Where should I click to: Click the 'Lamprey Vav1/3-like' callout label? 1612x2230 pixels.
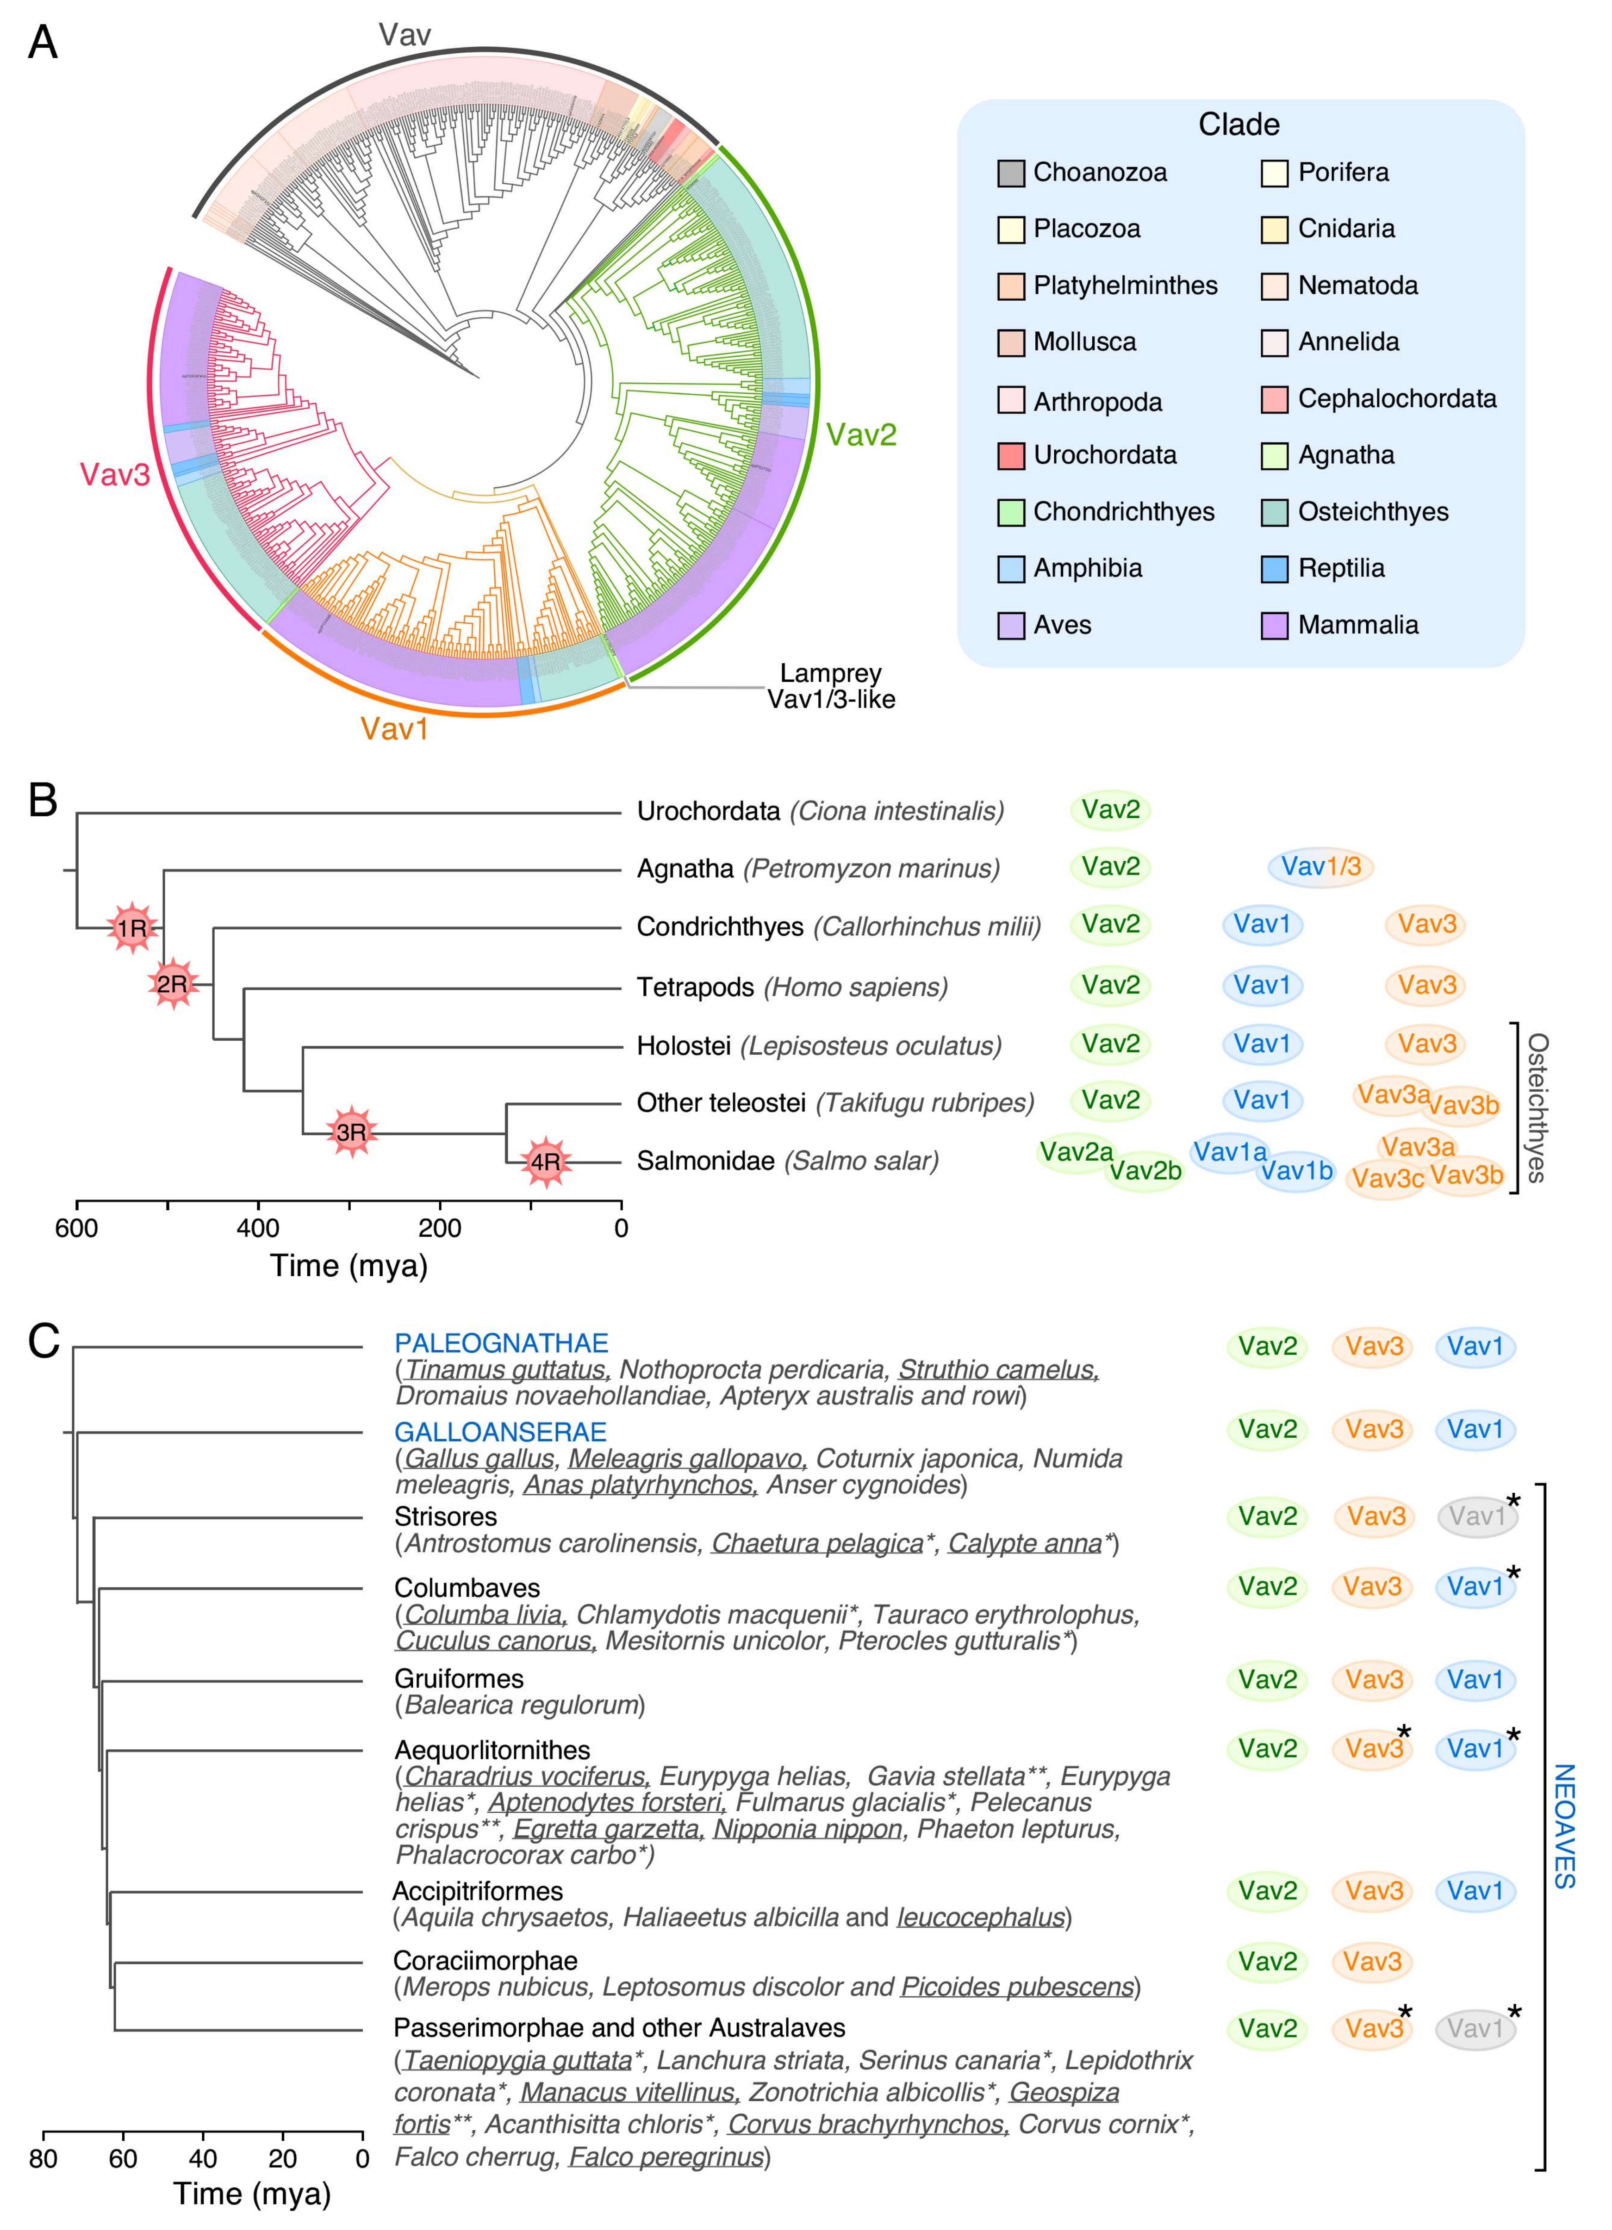(x=831, y=686)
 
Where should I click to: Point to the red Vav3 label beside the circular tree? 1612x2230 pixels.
(x=115, y=475)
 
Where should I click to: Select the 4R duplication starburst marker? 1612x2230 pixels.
(x=545, y=1161)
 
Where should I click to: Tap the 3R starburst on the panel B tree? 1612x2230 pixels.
(x=351, y=1132)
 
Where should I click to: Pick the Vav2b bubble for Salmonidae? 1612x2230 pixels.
(x=1145, y=1171)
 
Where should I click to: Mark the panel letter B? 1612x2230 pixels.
(x=42, y=801)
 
